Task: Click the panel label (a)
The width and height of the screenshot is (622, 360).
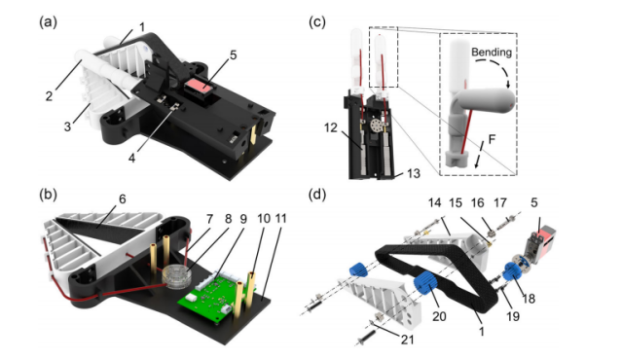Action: click(48, 22)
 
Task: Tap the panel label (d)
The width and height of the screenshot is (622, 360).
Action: click(317, 195)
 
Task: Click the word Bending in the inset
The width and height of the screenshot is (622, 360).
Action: click(492, 53)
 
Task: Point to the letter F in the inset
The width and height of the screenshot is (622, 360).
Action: click(492, 139)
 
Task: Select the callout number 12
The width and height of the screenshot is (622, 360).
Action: click(330, 127)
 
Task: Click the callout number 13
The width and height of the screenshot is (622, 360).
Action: click(414, 173)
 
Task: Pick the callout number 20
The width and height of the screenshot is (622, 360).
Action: click(439, 316)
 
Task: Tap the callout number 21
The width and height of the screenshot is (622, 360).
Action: click(408, 340)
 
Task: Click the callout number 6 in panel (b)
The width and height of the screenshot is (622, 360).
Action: click(122, 198)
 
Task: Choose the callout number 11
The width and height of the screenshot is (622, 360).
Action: click(280, 219)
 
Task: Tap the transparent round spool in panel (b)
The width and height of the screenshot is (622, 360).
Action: click(176, 277)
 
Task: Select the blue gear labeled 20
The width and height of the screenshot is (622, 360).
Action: click(425, 282)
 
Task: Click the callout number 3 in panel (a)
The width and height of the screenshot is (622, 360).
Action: click(67, 126)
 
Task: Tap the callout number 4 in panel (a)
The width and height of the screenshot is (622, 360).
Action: click(131, 159)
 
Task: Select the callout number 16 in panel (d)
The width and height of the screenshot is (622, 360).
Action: click(478, 203)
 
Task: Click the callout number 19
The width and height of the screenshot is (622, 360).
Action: click(512, 316)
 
